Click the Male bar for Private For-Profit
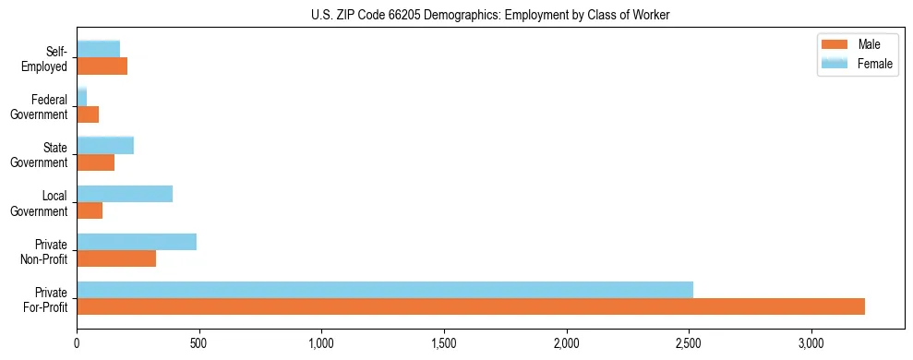(x=471, y=306)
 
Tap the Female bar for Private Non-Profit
(x=137, y=242)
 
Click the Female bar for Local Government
(x=125, y=194)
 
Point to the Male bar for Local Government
(x=90, y=210)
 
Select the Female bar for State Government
(x=105, y=145)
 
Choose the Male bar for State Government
(x=96, y=162)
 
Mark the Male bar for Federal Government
(x=88, y=114)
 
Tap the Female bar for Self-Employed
(x=99, y=49)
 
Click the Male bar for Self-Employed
(x=102, y=66)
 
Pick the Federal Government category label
(x=40, y=107)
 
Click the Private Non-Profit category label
(x=44, y=251)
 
